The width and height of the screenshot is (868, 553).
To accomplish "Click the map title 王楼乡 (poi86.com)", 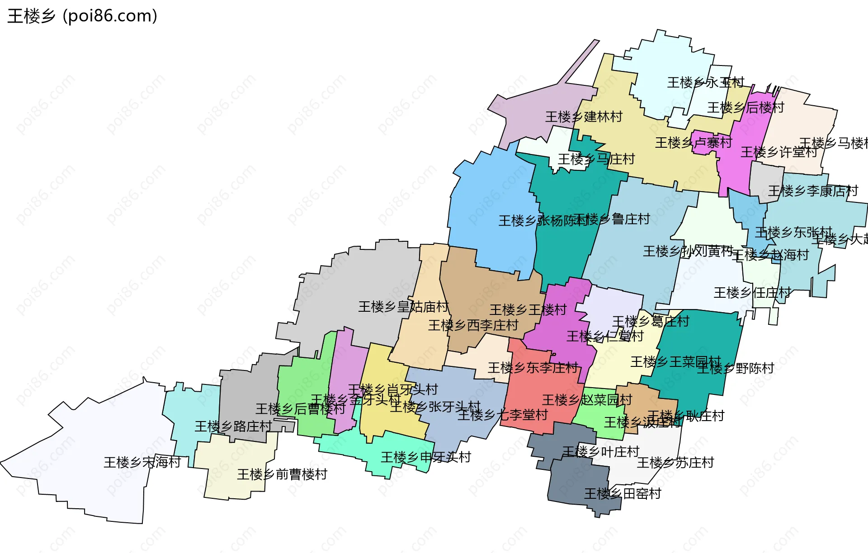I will [x=82, y=16].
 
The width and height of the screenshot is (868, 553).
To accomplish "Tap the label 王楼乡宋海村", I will [x=142, y=462].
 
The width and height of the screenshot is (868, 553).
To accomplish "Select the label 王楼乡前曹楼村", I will [x=282, y=474].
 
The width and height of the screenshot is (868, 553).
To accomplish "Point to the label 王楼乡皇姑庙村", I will [x=403, y=307].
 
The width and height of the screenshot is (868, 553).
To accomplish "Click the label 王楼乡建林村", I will [x=584, y=117].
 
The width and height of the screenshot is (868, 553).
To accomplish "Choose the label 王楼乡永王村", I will [x=705, y=83].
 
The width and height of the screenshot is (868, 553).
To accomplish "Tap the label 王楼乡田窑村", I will [x=623, y=494].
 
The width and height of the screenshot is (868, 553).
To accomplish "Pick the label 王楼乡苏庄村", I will [x=675, y=463].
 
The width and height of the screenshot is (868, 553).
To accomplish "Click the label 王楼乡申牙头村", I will [x=426, y=457].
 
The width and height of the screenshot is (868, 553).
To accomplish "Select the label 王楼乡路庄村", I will [x=233, y=426].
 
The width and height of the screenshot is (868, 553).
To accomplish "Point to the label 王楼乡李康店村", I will [x=813, y=191].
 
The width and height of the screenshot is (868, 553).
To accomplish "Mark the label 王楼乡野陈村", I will [x=736, y=368].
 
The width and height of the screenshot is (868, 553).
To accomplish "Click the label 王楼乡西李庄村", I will [x=473, y=325].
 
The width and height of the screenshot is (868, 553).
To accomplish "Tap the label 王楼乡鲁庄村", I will [x=612, y=220].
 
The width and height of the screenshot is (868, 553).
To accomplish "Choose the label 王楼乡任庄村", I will [x=752, y=293].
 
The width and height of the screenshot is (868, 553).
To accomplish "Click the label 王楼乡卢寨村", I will [x=693, y=143].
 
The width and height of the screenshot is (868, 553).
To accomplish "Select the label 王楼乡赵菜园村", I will [x=587, y=400].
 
